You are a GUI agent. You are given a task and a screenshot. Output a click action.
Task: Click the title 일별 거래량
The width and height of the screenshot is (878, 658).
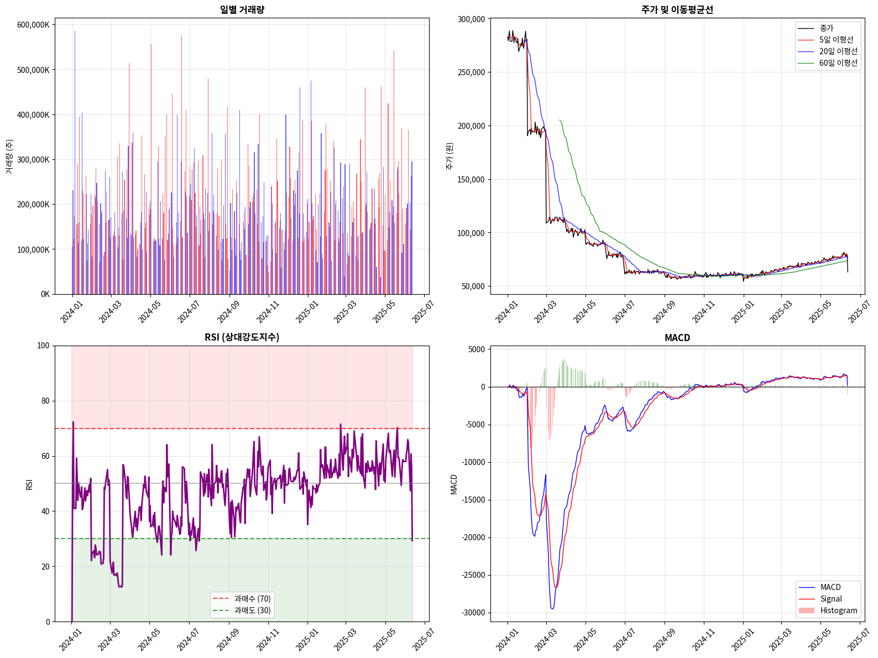click(242, 9)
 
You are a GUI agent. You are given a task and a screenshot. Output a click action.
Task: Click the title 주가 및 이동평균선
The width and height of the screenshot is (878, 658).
click(677, 9)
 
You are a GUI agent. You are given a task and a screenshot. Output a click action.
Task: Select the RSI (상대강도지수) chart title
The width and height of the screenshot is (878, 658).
click(242, 337)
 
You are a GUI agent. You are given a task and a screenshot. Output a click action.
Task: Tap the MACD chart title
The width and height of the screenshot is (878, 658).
click(677, 337)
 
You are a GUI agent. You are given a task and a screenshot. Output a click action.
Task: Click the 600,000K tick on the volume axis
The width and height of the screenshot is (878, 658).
click(33, 25)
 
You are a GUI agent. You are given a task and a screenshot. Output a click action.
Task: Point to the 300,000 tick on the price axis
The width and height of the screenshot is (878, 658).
click(471, 19)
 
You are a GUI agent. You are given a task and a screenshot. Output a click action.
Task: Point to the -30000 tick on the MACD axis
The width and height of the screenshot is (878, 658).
click(470, 613)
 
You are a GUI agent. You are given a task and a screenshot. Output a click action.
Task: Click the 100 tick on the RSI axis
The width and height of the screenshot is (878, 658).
click(43, 346)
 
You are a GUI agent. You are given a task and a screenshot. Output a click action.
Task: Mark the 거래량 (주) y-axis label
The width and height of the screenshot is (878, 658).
click(9, 156)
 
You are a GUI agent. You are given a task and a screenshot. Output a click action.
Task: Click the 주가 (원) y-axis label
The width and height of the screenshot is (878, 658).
click(450, 156)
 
